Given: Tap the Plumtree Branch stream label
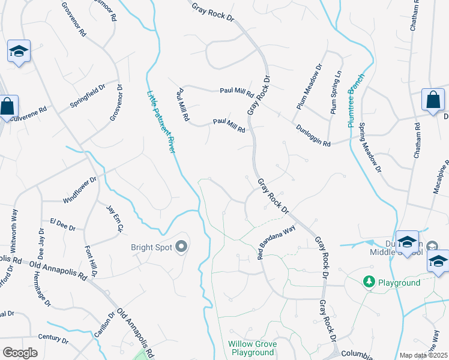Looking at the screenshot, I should [356, 100].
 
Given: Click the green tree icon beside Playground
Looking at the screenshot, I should [369, 281].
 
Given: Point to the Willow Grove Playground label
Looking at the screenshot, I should [251, 348].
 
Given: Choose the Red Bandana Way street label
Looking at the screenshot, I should [277, 239].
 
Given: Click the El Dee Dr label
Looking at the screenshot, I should [63, 224].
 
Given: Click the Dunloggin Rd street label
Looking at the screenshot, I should [313, 136].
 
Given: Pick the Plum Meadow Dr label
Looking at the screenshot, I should [309, 86].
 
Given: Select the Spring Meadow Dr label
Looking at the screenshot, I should [370, 148].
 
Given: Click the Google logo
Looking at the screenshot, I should [20, 353].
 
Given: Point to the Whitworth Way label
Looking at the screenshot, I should [14, 230].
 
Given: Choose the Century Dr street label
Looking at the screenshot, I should [53, 340].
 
